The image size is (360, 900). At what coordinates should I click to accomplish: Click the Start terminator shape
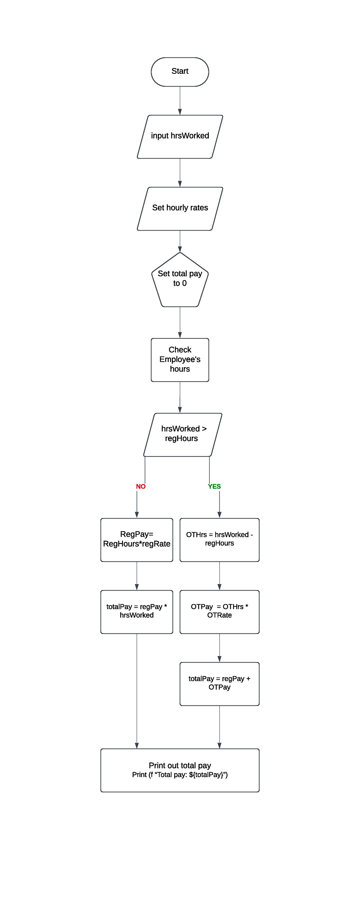point(180,72)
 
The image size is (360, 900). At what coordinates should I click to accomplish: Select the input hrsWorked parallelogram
point(180,136)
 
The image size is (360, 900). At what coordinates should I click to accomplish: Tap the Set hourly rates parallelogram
point(180,208)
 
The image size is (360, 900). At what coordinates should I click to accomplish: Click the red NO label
point(140,486)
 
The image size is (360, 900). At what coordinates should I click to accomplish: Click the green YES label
point(214,486)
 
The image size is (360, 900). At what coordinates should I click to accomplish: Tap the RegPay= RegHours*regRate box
point(137,539)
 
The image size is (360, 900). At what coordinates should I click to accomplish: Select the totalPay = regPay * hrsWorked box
point(137,611)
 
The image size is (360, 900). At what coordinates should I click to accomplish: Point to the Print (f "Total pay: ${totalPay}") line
point(180,775)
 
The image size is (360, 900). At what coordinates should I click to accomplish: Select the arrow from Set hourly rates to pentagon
point(180,241)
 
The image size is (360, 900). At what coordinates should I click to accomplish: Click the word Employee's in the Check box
point(180,359)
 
